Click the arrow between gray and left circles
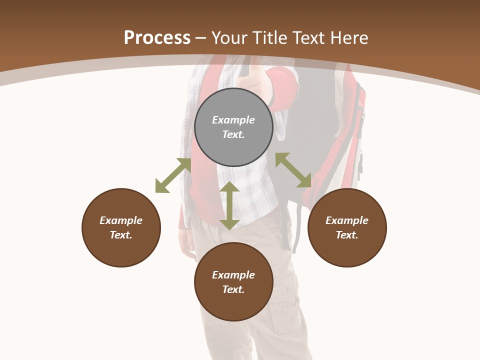point(173,175)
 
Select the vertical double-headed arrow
point(229,206)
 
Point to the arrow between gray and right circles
point(293,170)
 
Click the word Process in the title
point(157,37)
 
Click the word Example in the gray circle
point(233,120)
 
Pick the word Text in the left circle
point(121,235)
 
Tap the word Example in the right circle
point(347,220)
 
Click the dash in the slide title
point(201,38)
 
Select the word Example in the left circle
point(121,220)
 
